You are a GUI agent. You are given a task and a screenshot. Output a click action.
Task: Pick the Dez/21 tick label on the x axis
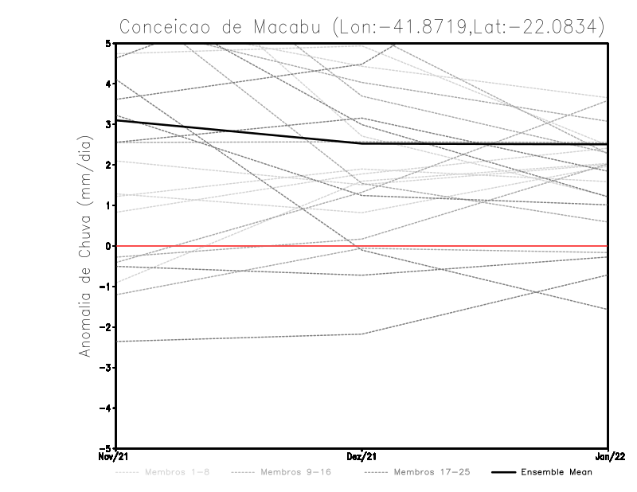(x=361, y=457)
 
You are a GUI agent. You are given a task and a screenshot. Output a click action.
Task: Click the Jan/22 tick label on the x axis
(x=608, y=457)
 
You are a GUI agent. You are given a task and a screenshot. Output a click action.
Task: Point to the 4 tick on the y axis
(x=107, y=84)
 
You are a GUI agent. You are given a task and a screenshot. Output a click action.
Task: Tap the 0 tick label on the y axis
(x=107, y=246)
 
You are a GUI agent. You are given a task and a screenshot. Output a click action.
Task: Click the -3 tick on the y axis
(x=105, y=368)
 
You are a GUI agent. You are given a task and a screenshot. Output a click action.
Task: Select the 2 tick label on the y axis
(x=107, y=165)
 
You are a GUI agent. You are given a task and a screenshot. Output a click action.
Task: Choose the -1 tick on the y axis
(x=105, y=287)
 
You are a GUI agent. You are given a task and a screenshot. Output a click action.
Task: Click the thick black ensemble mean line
(x=239, y=132)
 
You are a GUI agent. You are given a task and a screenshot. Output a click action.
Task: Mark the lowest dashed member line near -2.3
(x=239, y=338)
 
